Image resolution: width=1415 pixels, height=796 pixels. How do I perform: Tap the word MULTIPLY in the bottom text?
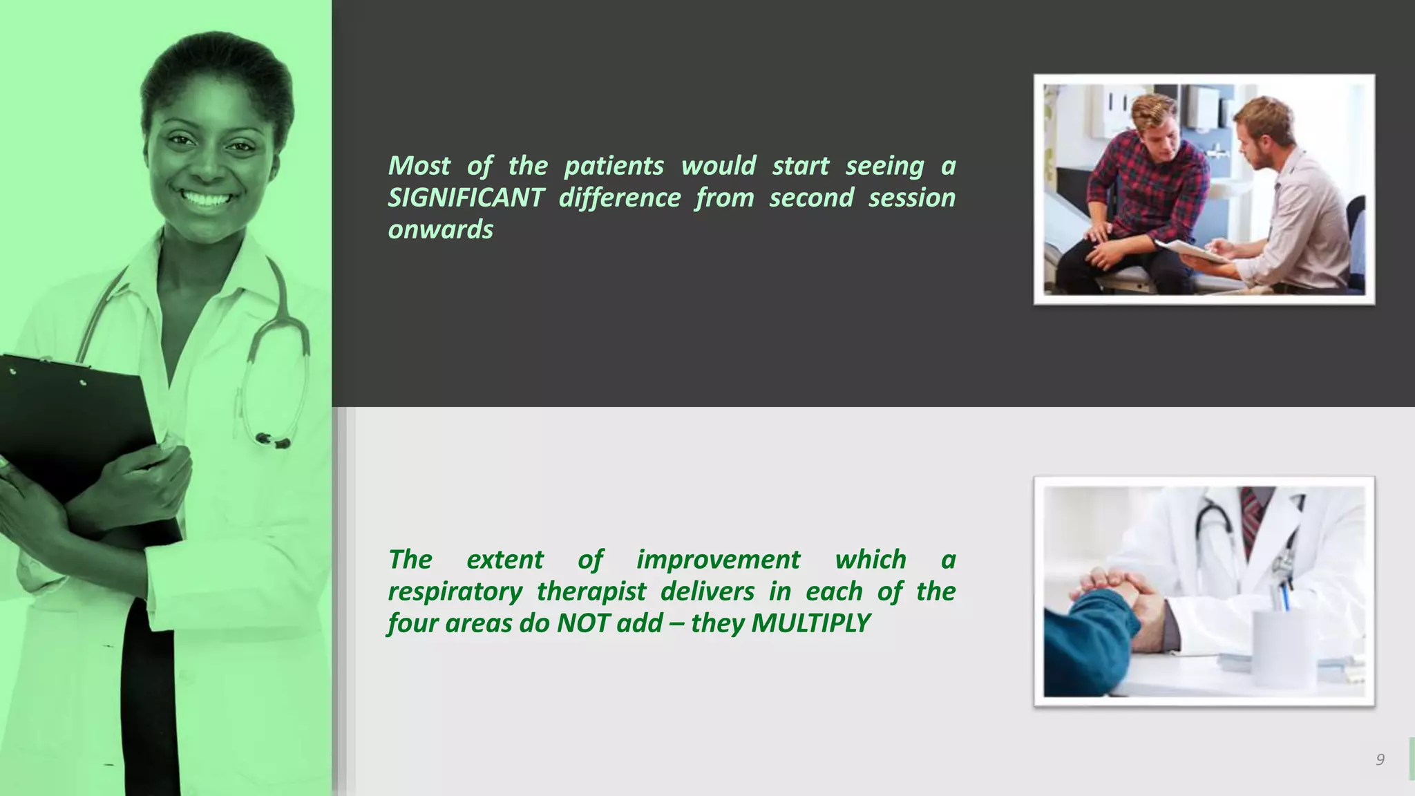point(810,623)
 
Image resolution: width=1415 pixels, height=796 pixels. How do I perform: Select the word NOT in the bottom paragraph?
point(582,623)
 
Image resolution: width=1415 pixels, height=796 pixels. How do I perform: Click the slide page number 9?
point(1379,760)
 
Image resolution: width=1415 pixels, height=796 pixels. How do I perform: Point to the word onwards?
point(440,229)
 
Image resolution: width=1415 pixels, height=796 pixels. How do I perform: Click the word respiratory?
point(455,592)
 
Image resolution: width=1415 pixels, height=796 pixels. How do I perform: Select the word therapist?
point(591,592)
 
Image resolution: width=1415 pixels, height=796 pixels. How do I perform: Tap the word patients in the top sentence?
point(614,166)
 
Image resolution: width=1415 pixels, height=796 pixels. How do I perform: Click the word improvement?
point(718,560)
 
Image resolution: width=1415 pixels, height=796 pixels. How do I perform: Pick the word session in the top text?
point(911,198)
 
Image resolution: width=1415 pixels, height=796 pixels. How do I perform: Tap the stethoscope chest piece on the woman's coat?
point(273,440)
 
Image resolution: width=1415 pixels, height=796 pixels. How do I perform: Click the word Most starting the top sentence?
point(419,166)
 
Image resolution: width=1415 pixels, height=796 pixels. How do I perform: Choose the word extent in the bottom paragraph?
point(504,560)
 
